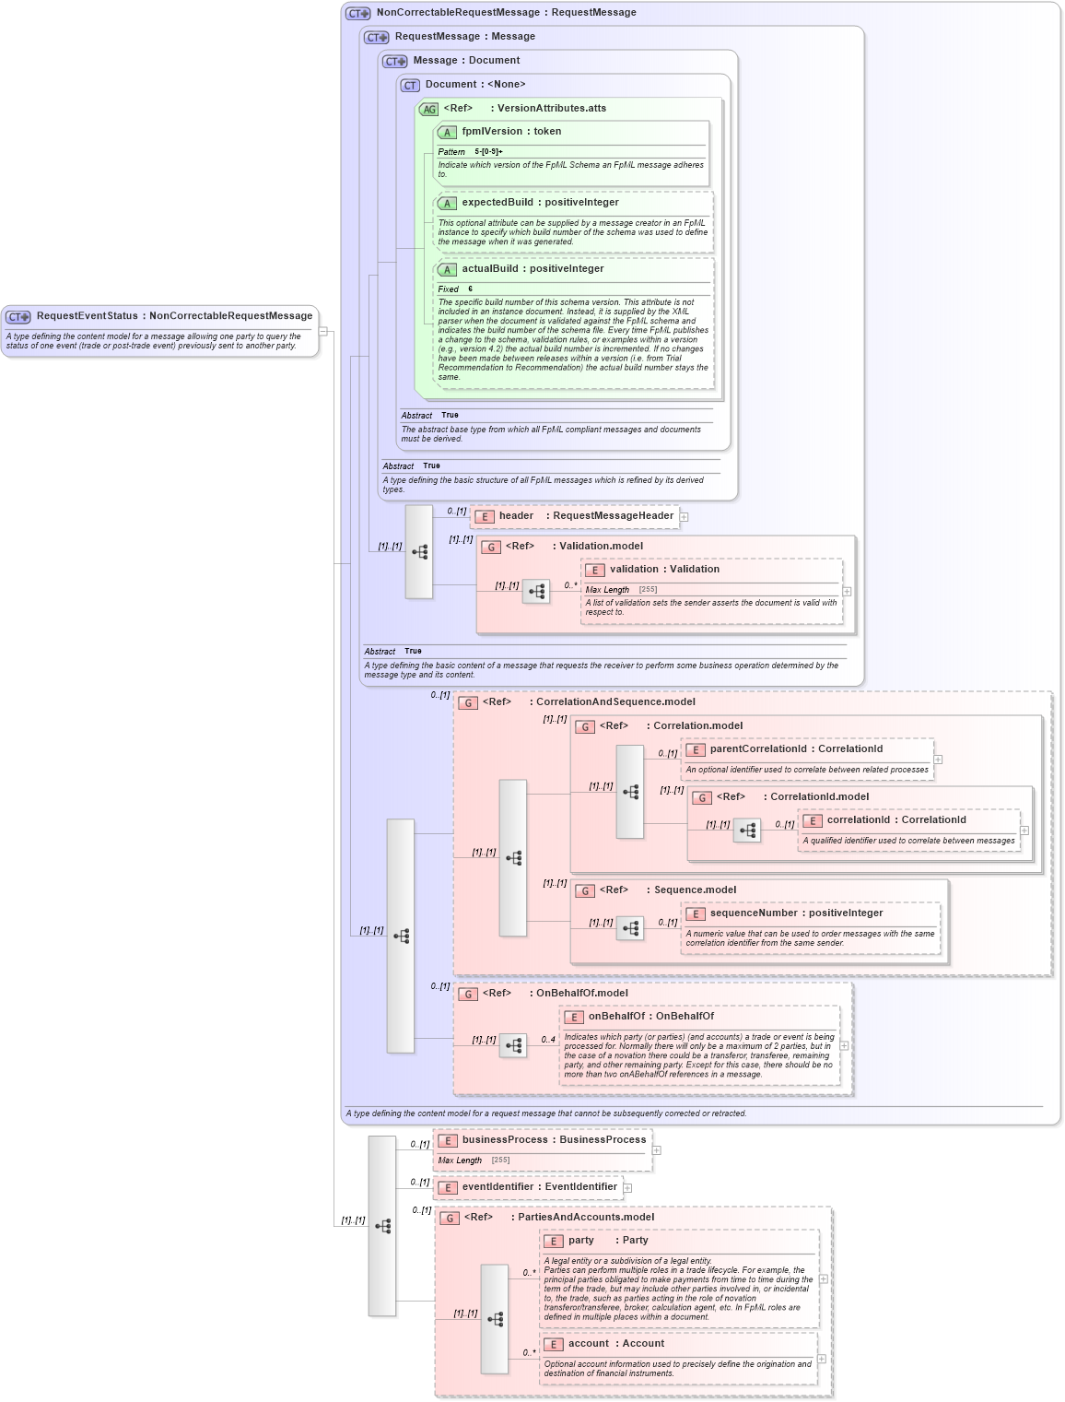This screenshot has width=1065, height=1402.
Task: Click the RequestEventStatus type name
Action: tap(87, 316)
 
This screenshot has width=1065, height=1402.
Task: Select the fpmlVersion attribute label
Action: tap(491, 132)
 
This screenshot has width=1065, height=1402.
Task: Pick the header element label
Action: tap(516, 516)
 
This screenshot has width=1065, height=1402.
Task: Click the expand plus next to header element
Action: tap(685, 517)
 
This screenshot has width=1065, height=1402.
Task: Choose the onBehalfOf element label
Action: tap(616, 1017)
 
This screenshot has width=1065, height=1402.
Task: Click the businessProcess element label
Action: tap(504, 1140)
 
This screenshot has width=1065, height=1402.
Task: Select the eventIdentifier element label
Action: tap(497, 1187)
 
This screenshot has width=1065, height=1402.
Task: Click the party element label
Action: tap(580, 1241)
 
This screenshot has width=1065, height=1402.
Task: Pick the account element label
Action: tap(588, 1344)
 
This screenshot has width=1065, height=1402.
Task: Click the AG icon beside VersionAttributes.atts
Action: tap(428, 110)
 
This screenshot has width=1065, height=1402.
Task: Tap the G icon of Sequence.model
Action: tap(584, 891)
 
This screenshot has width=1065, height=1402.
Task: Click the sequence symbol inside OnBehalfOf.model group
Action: tap(513, 1045)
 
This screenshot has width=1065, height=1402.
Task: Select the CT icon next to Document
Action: tap(410, 86)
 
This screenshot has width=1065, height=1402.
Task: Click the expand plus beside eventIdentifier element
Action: tap(627, 1188)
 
